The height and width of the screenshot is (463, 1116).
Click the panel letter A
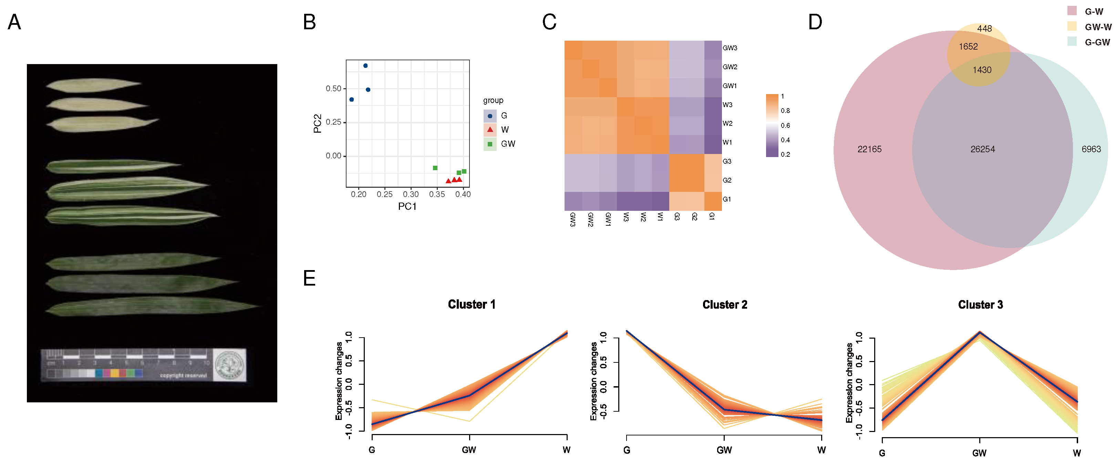(14, 22)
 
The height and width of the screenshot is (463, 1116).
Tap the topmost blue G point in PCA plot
(365, 66)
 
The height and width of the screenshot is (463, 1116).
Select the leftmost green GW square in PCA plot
(435, 168)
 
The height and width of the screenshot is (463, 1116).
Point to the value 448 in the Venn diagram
(984, 29)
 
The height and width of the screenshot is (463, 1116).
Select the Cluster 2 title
(724, 305)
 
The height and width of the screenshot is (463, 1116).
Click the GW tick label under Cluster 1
(469, 450)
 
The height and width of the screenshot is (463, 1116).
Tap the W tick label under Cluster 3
(1077, 453)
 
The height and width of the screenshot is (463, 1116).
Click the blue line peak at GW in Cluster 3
(980, 333)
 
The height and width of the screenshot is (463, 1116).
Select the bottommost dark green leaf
(152, 307)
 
